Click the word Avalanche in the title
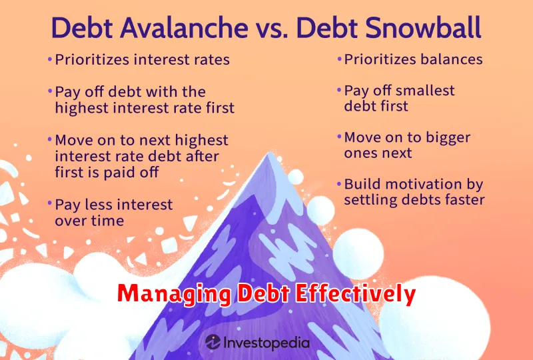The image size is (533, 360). tap(184, 27)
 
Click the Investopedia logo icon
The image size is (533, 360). tap(213, 342)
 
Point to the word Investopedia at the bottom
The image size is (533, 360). tap(266, 343)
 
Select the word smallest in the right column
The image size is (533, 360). tap(423, 91)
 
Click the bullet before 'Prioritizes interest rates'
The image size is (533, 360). tap(50, 59)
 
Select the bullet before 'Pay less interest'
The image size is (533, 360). tap(50, 203)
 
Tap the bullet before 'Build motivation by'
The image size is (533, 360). tap(339, 184)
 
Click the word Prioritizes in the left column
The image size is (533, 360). tap(92, 59)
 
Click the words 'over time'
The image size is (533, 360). tap(89, 221)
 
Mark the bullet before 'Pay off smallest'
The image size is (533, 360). tap(339, 90)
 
